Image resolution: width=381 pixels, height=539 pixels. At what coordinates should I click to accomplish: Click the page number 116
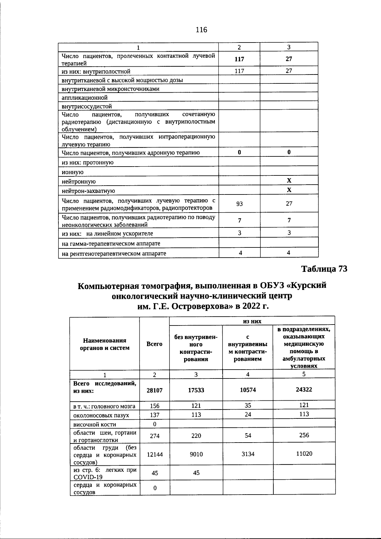[x=201, y=30]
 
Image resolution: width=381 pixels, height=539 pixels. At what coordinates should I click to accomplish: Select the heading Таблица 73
[x=324, y=269]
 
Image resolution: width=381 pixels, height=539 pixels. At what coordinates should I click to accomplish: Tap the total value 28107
[x=155, y=390]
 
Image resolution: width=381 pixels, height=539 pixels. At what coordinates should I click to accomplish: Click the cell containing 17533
[x=196, y=390]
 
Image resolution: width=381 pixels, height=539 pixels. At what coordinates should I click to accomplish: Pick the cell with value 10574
[x=248, y=390]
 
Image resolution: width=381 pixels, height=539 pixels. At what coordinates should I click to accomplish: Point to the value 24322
[x=304, y=389]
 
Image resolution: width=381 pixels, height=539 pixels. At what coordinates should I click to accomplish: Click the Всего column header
[x=155, y=344]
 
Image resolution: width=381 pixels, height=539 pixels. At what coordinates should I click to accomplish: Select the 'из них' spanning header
[x=252, y=321]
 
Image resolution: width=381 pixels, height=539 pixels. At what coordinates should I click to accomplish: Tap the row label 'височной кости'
[x=95, y=424]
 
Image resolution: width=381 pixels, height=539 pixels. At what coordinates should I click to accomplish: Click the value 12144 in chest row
[x=155, y=454]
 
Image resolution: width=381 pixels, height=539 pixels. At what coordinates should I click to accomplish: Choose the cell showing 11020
[x=304, y=454]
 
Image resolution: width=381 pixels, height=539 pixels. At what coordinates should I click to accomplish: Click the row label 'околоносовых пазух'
[x=101, y=415]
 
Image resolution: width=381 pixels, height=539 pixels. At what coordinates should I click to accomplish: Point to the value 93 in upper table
[x=239, y=204]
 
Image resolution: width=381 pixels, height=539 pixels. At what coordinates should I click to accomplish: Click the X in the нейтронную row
[x=289, y=181]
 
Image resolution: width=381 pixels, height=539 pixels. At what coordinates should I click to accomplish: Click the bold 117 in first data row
[x=239, y=59]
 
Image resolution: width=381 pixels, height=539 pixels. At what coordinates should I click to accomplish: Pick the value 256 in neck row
[x=304, y=435]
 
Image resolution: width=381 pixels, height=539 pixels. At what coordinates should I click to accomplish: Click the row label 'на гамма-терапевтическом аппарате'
[x=111, y=243]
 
